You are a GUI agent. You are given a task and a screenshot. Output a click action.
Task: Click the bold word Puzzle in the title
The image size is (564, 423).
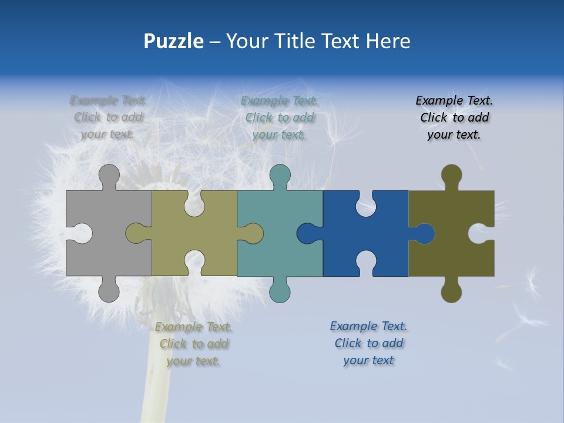pyautogui.click(x=174, y=42)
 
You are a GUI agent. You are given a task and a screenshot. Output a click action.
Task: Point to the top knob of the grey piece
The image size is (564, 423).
pyautogui.click(x=109, y=175)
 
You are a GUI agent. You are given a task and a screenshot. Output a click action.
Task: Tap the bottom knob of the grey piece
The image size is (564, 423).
pyautogui.click(x=109, y=291)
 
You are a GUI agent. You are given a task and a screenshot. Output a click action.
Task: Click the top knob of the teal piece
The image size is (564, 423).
pyautogui.click(x=280, y=175)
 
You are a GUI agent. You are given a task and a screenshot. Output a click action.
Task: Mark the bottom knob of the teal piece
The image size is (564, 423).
pyautogui.click(x=280, y=291)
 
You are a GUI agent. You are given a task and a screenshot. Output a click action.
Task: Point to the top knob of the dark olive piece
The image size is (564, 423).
pyautogui.click(x=451, y=175)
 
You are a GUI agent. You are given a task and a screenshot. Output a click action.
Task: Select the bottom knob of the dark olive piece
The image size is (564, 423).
pyautogui.click(x=451, y=291)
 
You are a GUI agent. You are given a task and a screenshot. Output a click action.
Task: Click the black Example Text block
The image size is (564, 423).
pyautogui.click(x=454, y=117)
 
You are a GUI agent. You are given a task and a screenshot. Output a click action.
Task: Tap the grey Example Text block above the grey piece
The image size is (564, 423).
pyautogui.click(x=108, y=117)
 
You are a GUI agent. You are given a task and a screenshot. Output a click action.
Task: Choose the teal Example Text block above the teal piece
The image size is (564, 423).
pyautogui.click(x=280, y=117)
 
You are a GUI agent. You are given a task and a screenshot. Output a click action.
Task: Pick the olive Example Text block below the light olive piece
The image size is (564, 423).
pyautogui.click(x=194, y=344)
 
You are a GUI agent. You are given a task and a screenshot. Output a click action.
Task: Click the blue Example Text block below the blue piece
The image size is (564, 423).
pyautogui.click(x=368, y=343)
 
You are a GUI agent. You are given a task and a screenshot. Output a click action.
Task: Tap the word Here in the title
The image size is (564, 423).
pyautogui.click(x=388, y=41)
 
